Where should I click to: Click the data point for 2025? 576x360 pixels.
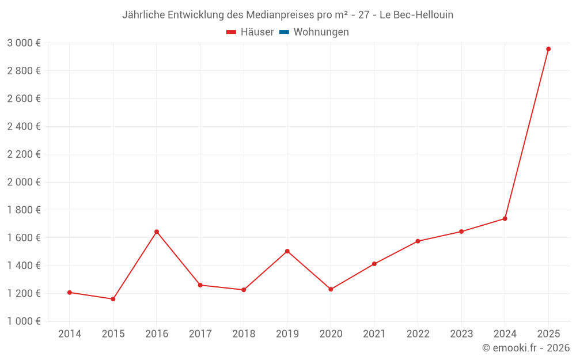pyautogui.click(x=548, y=49)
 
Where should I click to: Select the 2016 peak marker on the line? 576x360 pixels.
pyautogui.click(x=157, y=232)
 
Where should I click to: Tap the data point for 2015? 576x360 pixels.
pyautogui.click(x=113, y=299)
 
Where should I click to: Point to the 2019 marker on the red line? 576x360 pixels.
pyautogui.click(x=287, y=251)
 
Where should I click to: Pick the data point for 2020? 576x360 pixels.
pyautogui.click(x=331, y=289)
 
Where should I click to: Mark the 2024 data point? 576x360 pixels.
pyautogui.click(x=505, y=218)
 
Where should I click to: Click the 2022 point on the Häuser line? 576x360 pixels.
pyautogui.click(x=418, y=241)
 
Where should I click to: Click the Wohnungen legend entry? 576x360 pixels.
pyautogui.click(x=321, y=32)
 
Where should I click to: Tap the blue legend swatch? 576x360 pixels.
pyautogui.click(x=284, y=32)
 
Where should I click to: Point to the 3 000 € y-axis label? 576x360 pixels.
pyautogui.click(x=24, y=43)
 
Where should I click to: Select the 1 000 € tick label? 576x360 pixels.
pyautogui.click(x=24, y=321)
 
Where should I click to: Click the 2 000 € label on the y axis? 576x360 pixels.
pyautogui.click(x=24, y=182)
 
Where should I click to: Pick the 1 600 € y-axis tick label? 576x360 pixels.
pyautogui.click(x=24, y=238)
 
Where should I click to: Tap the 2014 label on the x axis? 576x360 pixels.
pyautogui.click(x=70, y=334)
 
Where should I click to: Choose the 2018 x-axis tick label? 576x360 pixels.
pyautogui.click(x=244, y=334)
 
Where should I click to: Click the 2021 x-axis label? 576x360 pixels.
pyautogui.click(x=374, y=334)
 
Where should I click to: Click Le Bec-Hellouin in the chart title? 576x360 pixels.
pyautogui.click(x=416, y=15)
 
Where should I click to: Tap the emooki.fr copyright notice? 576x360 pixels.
pyautogui.click(x=526, y=348)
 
